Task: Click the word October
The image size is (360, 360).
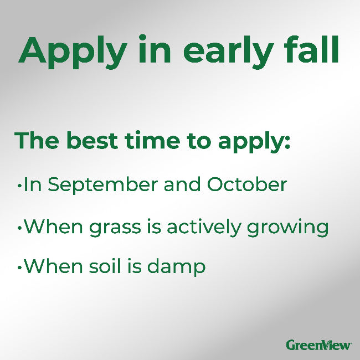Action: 247,184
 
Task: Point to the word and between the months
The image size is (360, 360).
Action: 183,184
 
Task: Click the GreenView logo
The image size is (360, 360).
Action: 318,344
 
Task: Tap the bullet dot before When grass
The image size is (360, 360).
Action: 19,228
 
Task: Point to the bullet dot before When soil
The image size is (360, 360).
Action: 19,268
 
